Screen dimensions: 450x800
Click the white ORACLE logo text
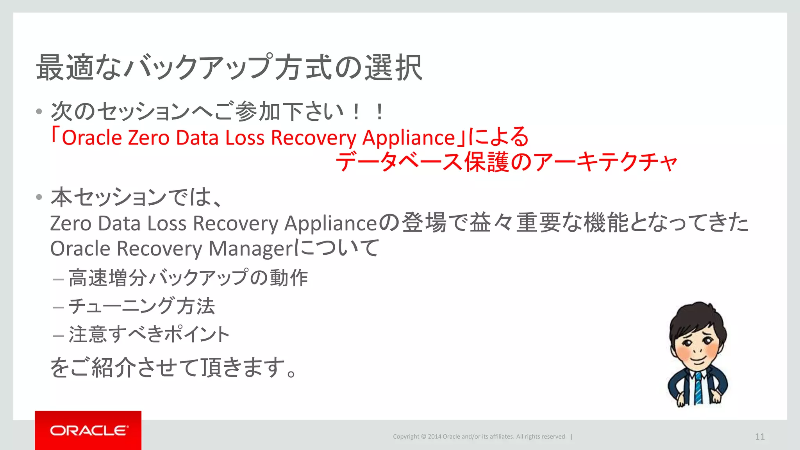coord(89,430)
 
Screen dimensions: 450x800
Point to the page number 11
coord(760,437)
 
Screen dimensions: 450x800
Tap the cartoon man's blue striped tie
coord(698,388)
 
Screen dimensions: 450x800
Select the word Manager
coord(250,249)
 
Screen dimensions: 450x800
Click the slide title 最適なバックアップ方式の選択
coord(229,68)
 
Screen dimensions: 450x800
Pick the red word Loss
coord(245,138)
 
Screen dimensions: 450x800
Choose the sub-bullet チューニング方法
coord(141,306)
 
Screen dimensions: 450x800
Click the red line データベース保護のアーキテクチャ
coord(506,162)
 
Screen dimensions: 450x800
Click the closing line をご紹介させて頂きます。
coord(174,368)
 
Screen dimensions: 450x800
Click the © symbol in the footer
coord(423,437)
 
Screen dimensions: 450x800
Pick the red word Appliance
coord(409,138)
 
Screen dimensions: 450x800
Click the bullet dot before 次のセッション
coord(39,112)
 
